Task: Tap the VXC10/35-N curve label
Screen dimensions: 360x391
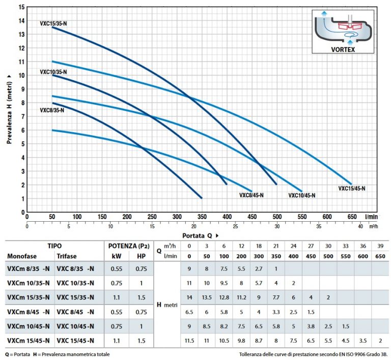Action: tap(53, 72)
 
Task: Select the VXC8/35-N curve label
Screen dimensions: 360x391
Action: tap(52, 110)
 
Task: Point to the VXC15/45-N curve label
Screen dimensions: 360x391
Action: tap(352, 188)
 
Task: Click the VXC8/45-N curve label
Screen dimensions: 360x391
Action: tap(252, 195)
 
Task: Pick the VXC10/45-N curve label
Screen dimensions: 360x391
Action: tap(302, 195)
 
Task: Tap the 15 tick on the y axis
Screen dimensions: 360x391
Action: tap(21, 7)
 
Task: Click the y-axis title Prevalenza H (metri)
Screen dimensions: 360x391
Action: tap(9, 107)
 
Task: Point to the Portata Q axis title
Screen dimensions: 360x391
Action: tap(201, 235)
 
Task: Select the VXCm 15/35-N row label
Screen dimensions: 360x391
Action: tap(28, 297)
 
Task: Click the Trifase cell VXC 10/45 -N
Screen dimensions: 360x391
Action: tap(75, 326)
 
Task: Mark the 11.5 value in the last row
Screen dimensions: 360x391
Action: tap(189, 340)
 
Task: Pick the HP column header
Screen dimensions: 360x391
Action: tap(141, 256)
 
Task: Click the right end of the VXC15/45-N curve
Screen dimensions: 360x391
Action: tap(351, 184)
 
